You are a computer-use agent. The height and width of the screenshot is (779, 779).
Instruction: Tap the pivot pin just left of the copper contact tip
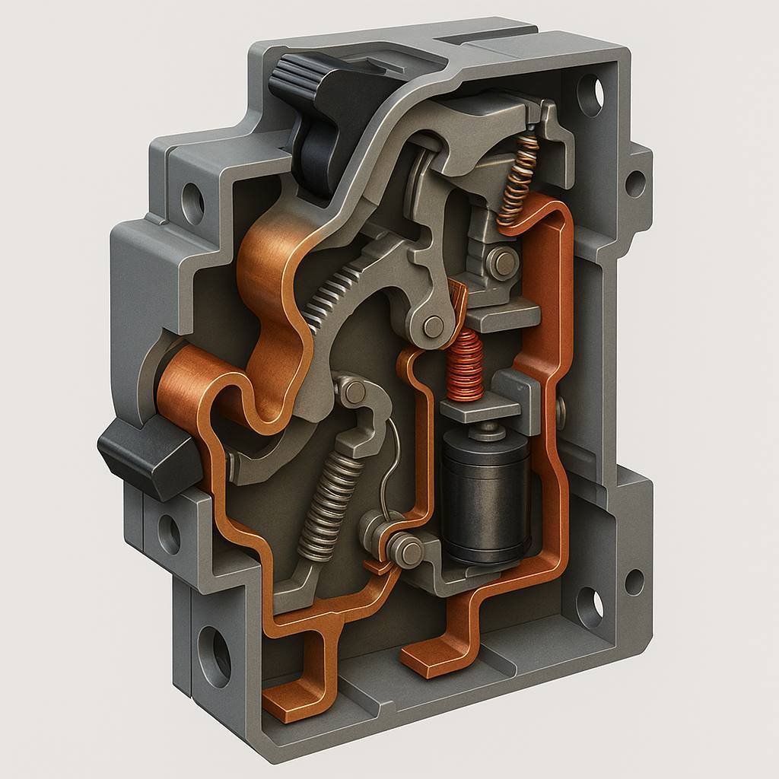coord(434,326)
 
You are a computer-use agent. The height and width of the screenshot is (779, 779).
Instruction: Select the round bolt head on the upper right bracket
coord(503,263)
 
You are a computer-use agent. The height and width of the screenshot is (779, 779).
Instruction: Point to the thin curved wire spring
coord(393,464)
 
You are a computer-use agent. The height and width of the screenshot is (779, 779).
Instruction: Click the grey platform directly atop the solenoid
coord(480,411)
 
